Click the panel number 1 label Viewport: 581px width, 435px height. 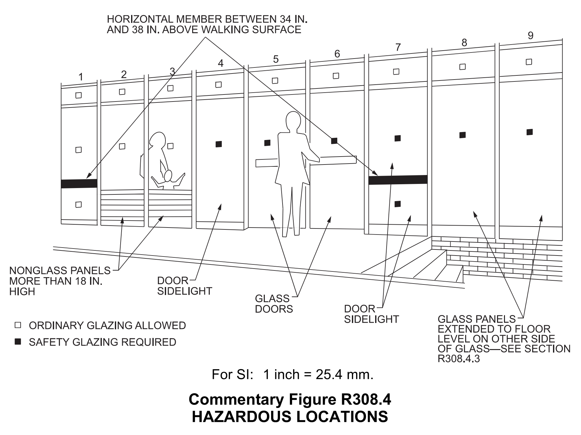tap(81, 77)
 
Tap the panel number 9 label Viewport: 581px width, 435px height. tap(530, 36)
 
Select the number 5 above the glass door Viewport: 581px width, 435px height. tap(276, 59)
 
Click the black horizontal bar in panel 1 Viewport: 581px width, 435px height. tap(79, 184)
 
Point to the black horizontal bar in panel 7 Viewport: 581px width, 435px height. tap(398, 180)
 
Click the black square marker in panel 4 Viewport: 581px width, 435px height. tap(219, 144)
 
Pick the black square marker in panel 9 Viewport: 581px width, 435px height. tap(529, 132)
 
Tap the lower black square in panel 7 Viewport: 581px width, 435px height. tap(397, 204)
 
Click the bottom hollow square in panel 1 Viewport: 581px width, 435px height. tap(79, 205)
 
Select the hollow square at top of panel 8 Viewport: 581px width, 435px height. tap(463, 67)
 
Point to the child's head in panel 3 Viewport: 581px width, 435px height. tap(168, 175)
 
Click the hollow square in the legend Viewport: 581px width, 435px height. tap(18, 325)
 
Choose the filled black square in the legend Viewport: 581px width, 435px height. tap(18, 342)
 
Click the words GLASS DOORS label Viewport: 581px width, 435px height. tap(273, 304)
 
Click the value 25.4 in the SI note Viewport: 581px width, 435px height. tap(328, 375)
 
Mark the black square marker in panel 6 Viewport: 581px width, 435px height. tap(334, 141)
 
